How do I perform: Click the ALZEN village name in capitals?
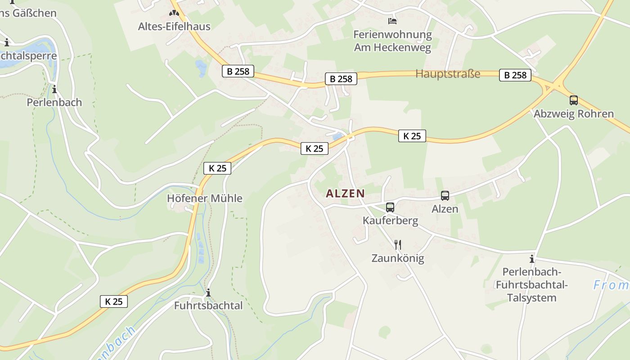point(345,193)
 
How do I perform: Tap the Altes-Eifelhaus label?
point(174,27)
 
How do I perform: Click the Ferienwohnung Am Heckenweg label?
point(392,41)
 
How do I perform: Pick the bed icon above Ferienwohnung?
point(392,21)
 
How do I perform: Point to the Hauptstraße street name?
point(448,74)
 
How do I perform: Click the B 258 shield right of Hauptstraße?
point(515,75)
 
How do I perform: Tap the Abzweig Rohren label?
point(573,114)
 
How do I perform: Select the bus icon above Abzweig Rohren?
point(573,100)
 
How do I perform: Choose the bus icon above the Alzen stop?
point(445,196)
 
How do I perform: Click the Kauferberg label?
point(390,221)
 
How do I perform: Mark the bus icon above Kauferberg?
point(390,207)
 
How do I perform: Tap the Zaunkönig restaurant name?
point(397,258)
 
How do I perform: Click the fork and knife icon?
point(397,245)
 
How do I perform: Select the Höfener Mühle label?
point(204,198)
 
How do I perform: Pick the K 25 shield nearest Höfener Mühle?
point(217,168)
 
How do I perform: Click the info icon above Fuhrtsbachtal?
point(208,293)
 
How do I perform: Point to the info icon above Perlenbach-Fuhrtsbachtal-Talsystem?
point(532,259)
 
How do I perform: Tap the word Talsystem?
point(531,298)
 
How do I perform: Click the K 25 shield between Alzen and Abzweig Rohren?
point(412,136)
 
